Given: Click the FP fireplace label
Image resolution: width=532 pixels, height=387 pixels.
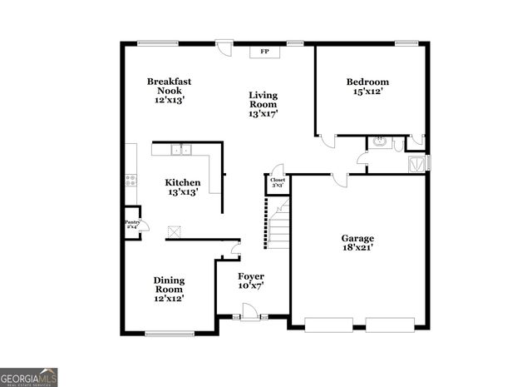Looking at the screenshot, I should (266, 52).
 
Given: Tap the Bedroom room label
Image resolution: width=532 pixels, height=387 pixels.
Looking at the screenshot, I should (367, 82).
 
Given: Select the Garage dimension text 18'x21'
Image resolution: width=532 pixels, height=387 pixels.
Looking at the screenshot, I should (357, 247).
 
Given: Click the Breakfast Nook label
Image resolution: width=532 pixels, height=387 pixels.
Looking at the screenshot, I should (170, 86).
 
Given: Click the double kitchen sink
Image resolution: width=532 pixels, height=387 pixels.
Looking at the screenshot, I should (181, 150).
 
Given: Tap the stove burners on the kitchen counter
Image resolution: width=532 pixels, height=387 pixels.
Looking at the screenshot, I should (130, 178).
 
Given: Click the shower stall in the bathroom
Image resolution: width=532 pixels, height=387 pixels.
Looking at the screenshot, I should (416, 162).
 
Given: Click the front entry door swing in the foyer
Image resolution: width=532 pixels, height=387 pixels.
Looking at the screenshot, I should (248, 312).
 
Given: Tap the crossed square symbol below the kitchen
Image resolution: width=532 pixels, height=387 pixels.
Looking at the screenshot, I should (173, 232).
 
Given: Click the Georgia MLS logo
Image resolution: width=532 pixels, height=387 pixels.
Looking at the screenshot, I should (29, 376).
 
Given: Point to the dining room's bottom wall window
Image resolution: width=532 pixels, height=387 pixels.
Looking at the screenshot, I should (170, 334).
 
